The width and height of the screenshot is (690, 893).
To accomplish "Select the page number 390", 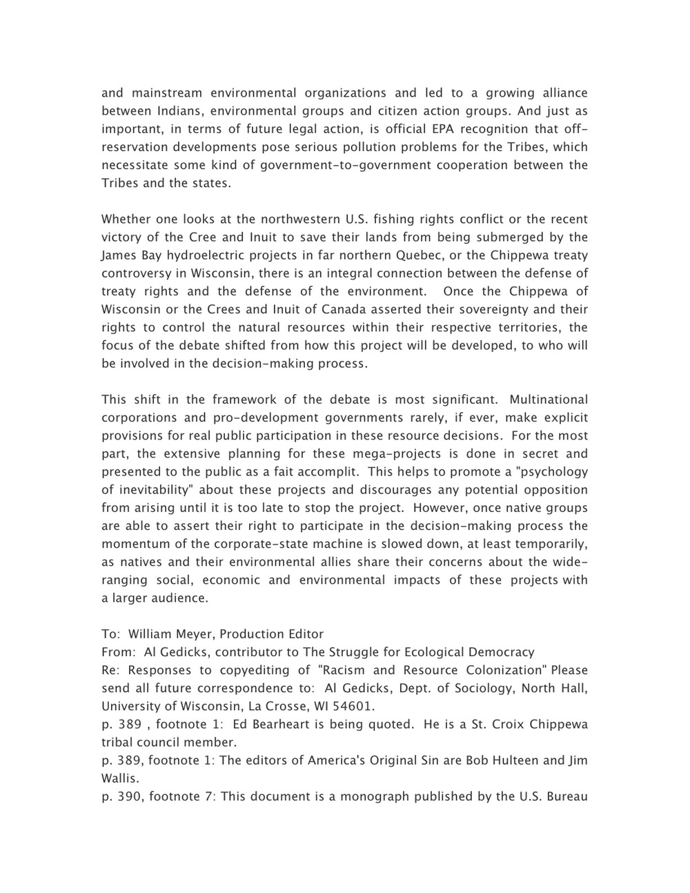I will point(128,796).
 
